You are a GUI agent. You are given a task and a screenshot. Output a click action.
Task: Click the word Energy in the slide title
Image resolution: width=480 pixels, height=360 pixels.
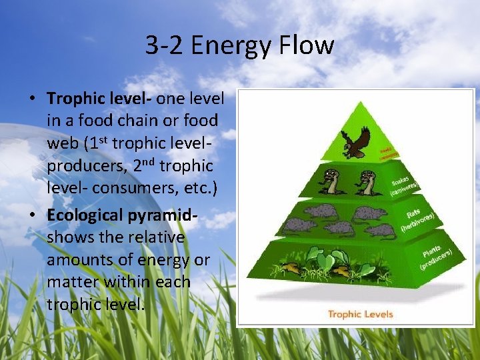pos(229,46)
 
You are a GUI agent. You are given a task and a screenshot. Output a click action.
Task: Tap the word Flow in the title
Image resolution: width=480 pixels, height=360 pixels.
pos(307,46)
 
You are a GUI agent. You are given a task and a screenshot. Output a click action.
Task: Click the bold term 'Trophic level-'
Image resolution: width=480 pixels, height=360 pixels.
pos(99,99)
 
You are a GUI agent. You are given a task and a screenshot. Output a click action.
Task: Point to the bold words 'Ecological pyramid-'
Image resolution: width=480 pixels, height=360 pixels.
pos(123,215)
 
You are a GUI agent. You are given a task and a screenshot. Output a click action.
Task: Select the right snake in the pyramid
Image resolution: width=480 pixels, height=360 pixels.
pos(367,181)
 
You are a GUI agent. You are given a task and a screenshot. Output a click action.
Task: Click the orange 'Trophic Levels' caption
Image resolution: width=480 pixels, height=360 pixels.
pos(360,313)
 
